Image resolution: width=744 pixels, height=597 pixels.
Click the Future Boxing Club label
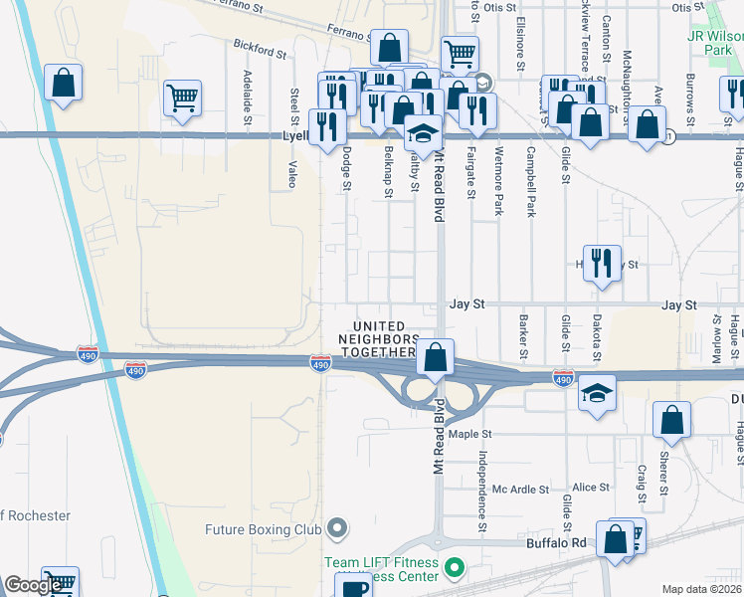263,529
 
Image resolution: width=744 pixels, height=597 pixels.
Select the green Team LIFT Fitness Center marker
456,569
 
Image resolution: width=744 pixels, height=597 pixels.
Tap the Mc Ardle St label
521,489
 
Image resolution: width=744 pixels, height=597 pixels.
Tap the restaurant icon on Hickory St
602,264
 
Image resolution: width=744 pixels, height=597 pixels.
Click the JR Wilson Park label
715,42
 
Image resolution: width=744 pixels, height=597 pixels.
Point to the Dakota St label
597,334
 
